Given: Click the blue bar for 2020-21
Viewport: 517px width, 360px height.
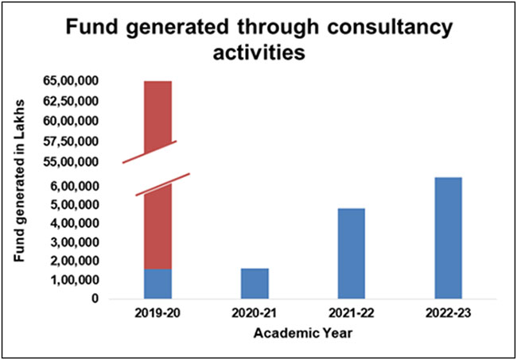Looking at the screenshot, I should click(255, 284).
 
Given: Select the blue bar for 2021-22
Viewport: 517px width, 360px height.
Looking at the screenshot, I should click(351, 254).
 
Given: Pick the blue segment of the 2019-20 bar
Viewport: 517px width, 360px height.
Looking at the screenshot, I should click(157, 284).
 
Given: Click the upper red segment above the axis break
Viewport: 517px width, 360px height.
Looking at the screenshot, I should click(157, 111).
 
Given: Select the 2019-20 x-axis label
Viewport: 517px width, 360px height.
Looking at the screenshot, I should click(157, 315).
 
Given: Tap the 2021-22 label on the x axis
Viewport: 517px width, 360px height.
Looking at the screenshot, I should click(351, 315).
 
